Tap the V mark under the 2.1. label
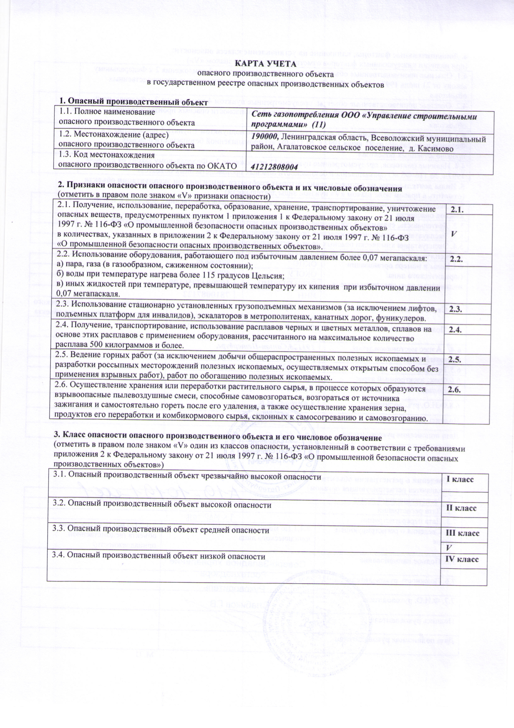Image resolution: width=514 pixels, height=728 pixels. pos(454,234)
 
